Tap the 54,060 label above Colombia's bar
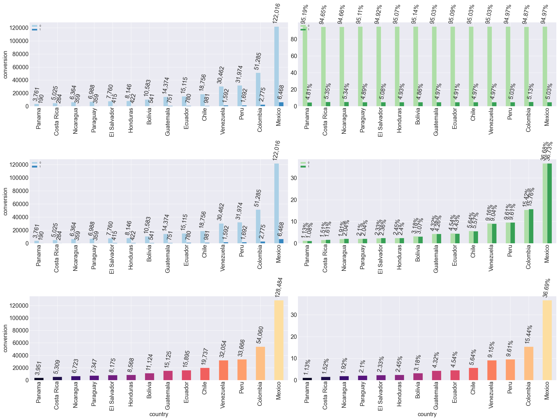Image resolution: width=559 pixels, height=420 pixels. [x=260, y=335]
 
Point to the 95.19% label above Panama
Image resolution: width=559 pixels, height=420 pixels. [x=304, y=14]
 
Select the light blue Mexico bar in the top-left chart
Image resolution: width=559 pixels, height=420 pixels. [x=277, y=66]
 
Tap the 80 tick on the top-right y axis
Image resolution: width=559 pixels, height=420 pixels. [x=294, y=39]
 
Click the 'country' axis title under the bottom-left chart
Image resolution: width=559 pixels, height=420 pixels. [x=159, y=414]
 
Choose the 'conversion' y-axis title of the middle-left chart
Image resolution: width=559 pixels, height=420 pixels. [x=5, y=201]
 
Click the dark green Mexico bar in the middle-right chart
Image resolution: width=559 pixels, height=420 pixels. [x=549, y=203]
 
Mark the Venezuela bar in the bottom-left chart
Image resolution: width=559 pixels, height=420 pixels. [x=223, y=370]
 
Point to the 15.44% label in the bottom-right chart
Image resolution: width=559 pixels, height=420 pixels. [x=528, y=334]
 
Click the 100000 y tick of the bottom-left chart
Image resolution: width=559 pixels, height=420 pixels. [x=19, y=318]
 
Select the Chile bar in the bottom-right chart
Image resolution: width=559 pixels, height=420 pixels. [x=473, y=374]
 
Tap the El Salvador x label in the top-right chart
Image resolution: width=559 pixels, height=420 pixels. [x=380, y=122]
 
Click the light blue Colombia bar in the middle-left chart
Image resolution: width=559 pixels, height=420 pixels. [x=258, y=226]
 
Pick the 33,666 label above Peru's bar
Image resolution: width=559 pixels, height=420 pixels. [x=241, y=348]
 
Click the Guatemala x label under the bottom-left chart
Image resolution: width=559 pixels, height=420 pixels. [x=167, y=395]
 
